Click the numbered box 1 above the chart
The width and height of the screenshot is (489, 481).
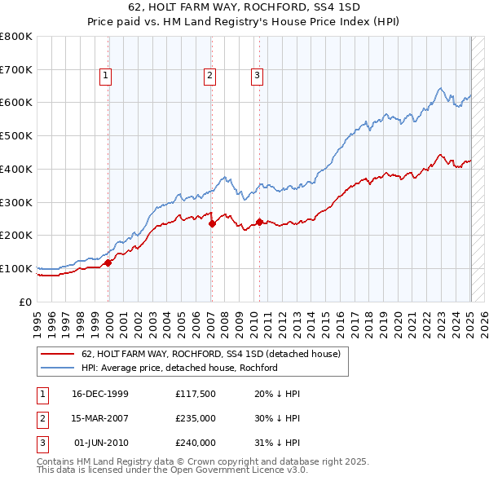(x=106, y=76)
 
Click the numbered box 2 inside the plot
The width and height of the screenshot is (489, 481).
(x=209, y=76)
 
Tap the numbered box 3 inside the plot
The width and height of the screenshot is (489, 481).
(x=257, y=76)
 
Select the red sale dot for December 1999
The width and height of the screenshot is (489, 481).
(x=108, y=263)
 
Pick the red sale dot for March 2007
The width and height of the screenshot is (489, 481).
(x=212, y=223)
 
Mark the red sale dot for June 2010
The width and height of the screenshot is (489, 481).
(x=259, y=222)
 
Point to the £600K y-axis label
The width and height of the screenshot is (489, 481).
(x=16, y=103)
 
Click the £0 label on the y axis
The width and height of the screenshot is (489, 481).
(x=26, y=302)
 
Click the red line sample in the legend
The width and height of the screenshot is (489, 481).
(x=57, y=354)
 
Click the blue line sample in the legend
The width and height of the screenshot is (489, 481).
(x=57, y=368)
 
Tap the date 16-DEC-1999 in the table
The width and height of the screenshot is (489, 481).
(x=100, y=394)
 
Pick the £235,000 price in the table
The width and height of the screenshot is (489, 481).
(x=196, y=418)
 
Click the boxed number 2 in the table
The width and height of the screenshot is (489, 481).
(x=42, y=418)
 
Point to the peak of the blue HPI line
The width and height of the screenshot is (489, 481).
(x=439, y=88)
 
